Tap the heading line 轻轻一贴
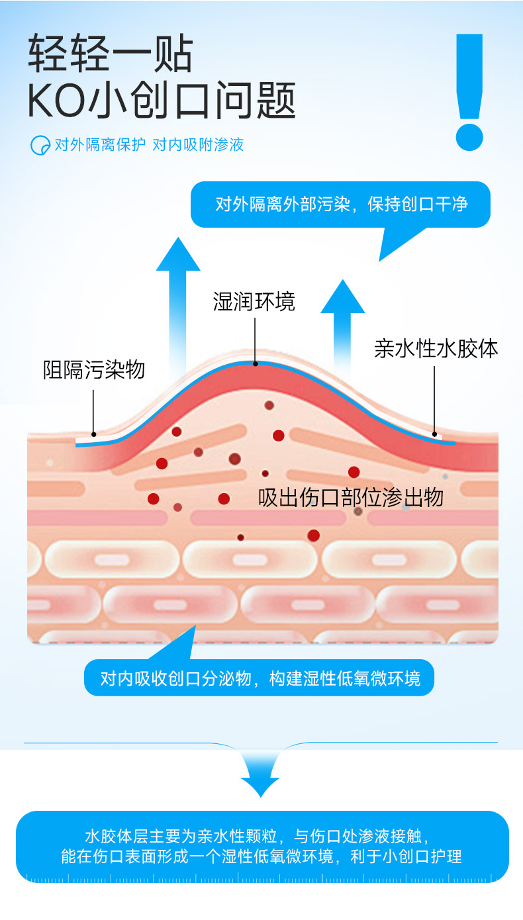(111, 54)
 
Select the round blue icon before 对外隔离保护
(40, 145)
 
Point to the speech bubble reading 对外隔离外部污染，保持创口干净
(341, 204)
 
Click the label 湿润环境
(254, 302)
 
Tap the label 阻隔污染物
(93, 369)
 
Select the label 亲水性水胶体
(436, 349)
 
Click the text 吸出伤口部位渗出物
(350, 498)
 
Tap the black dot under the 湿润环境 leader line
(255, 363)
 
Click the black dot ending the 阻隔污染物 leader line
(94, 435)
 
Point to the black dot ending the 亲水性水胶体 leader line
(435, 435)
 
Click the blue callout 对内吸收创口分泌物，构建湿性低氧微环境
(259, 678)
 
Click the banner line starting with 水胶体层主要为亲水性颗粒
(261, 834)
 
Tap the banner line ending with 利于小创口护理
(261, 856)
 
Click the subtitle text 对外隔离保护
(99, 144)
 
